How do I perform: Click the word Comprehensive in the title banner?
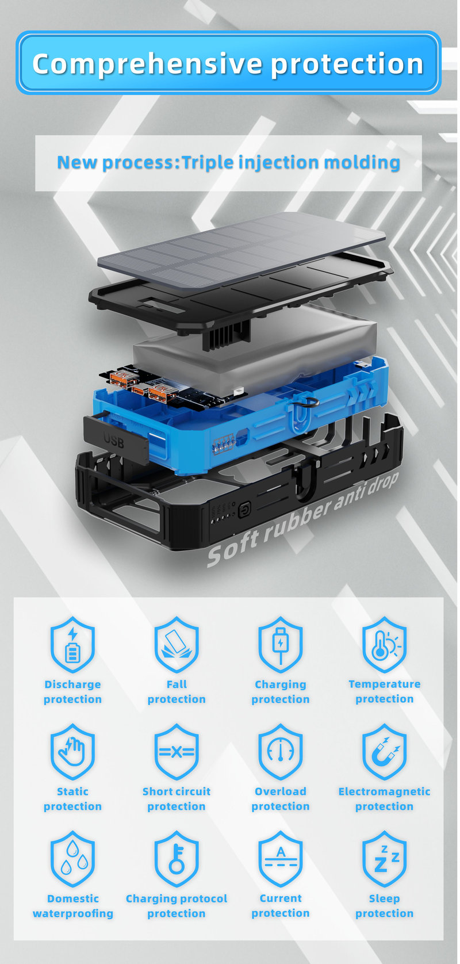(147, 64)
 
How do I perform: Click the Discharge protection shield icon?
(72, 644)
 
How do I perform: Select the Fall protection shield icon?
(177, 644)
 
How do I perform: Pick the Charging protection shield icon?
(281, 644)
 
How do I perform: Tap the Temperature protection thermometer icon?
(384, 644)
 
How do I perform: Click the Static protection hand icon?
(72, 751)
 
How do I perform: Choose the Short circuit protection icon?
(177, 751)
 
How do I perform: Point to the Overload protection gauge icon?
(281, 751)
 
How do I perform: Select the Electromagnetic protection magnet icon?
(384, 751)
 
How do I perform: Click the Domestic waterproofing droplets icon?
(72, 859)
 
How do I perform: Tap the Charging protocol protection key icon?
(177, 859)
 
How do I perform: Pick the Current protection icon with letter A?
(281, 859)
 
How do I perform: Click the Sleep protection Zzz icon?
(384, 859)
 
